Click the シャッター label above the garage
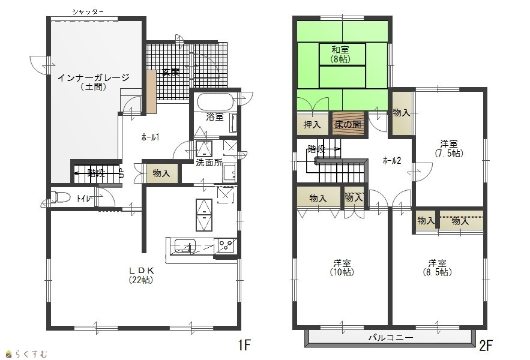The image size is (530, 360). pyautogui.click(x=88, y=12)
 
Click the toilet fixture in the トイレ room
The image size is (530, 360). pyautogui.click(x=61, y=197)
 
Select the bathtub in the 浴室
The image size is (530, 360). pyautogui.click(x=215, y=101)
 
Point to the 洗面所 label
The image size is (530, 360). pyautogui.click(x=209, y=163)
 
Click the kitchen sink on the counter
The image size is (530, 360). pyautogui.click(x=184, y=246)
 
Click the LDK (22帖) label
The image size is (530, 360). pyautogui.click(x=141, y=275)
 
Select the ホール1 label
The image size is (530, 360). pyautogui.click(x=150, y=137)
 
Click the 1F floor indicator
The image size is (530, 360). pyautogui.click(x=244, y=345)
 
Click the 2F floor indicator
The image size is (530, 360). pyautogui.click(x=486, y=346)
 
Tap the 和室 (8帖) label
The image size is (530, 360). pyautogui.click(x=340, y=54)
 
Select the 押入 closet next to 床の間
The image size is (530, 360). pyautogui.click(x=312, y=124)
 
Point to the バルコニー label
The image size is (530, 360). pyautogui.click(x=391, y=337)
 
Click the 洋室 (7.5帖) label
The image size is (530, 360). pyautogui.click(x=449, y=148)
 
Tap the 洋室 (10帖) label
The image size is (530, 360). pyautogui.click(x=342, y=268)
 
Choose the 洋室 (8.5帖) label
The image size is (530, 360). pyautogui.click(x=438, y=268)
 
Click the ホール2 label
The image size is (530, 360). pyautogui.click(x=392, y=161)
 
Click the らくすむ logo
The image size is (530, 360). pyautogui.click(x=26, y=354)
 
